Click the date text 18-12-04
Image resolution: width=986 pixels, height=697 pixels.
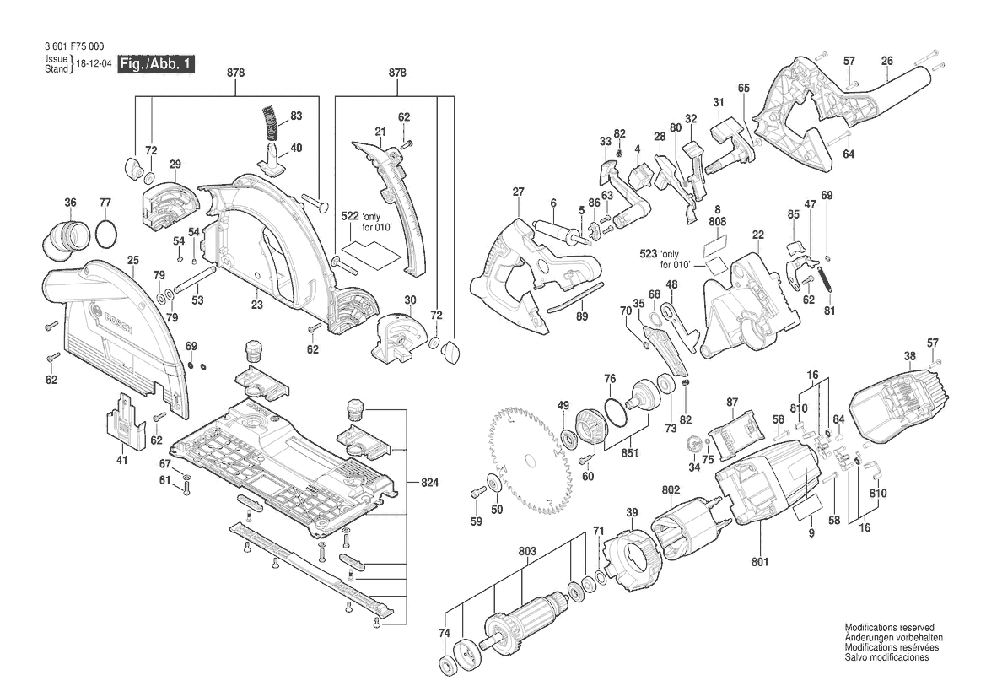(x=94, y=65)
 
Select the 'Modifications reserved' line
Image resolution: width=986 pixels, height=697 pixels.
(x=889, y=629)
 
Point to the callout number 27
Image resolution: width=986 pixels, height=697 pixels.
(x=518, y=192)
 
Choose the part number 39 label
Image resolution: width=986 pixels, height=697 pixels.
(x=632, y=513)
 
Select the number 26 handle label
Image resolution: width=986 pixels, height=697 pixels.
(x=886, y=60)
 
